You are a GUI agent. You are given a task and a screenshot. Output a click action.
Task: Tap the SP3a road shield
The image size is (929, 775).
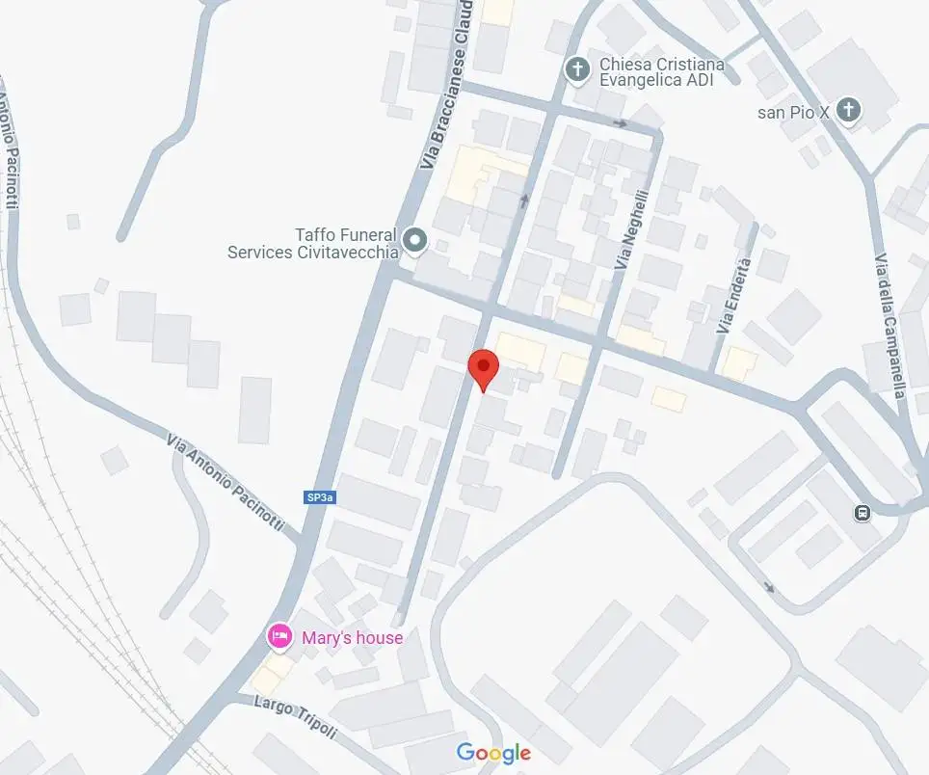pyautogui.click(x=320, y=497)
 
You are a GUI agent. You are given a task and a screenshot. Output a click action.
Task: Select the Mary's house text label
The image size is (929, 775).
pyautogui.click(x=352, y=637)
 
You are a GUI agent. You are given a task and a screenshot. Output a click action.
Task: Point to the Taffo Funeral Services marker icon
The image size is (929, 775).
pyautogui.click(x=415, y=238)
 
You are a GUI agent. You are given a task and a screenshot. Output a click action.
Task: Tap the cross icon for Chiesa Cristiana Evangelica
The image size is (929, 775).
pyautogui.click(x=577, y=69)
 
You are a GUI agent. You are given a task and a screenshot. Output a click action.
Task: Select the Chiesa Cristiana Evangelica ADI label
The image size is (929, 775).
pyautogui.click(x=661, y=72)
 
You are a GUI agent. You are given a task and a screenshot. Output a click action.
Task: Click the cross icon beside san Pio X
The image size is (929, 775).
pyautogui.click(x=848, y=110)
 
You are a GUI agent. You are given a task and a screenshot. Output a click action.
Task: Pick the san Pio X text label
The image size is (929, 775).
pyautogui.click(x=793, y=112)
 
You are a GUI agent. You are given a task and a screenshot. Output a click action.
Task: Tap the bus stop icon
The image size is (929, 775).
pyautogui.click(x=862, y=513)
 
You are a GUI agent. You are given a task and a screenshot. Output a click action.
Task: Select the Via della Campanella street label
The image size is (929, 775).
pyautogui.click(x=890, y=326)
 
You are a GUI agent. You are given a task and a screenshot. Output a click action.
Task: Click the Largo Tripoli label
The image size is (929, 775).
pyautogui.click(x=296, y=716)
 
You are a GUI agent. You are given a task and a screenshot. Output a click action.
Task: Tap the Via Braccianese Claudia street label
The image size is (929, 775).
pyautogui.click(x=446, y=87)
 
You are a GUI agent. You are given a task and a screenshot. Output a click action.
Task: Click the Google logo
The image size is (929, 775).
pyautogui.click(x=493, y=754)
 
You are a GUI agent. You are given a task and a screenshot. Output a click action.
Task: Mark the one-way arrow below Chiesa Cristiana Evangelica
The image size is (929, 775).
pyautogui.click(x=622, y=123)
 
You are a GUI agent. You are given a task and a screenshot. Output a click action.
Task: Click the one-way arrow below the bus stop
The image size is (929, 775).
pyautogui.click(x=768, y=586)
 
